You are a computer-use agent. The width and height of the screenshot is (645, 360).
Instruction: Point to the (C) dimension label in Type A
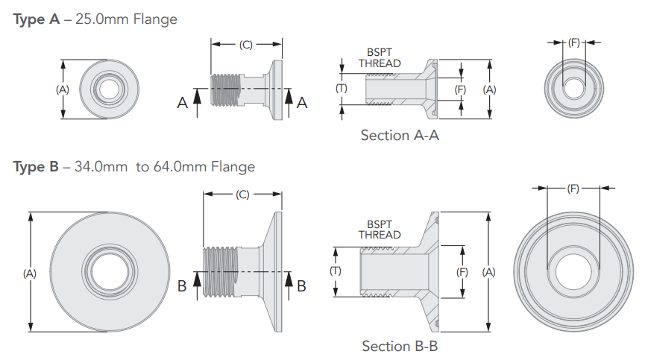[x=246, y=45]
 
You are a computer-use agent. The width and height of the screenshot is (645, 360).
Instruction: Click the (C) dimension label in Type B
[x=242, y=195]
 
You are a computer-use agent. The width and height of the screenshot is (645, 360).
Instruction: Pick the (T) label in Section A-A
[x=342, y=88]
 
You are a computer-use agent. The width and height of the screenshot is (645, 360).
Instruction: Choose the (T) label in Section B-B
[x=336, y=271]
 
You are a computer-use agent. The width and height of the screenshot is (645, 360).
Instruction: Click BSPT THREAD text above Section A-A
[x=380, y=58]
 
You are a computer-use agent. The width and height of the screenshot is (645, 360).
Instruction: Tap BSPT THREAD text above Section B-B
[x=380, y=230]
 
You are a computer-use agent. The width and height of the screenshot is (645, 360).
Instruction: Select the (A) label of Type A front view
[x=63, y=89]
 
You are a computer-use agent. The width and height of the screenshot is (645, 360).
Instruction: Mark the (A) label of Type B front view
[x=30, y=274]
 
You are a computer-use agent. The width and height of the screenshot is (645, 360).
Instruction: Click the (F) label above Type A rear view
[x=573, y=43]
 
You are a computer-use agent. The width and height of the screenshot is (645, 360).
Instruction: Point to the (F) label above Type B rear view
[x=573, y=189]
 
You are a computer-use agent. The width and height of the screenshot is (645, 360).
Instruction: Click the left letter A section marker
[x=183, y=104]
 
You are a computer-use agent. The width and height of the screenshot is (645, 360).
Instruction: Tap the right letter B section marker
[x=301, y=285]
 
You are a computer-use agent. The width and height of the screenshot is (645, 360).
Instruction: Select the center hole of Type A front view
[x=108, y=89]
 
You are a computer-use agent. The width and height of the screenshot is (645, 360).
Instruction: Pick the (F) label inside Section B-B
[x=462, y=273]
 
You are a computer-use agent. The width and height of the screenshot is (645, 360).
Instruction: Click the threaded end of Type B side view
[x=220, y=272]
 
